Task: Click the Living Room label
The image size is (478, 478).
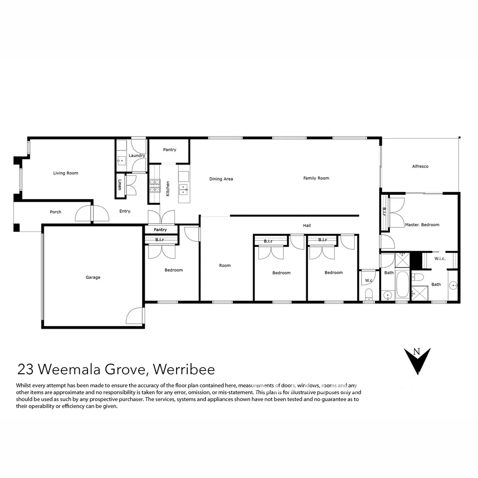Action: (x=66, y=173)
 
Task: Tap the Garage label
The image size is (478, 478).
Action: (x=93, y=278)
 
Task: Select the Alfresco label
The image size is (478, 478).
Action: (x=420, y=166)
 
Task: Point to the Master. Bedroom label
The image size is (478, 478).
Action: (x=422, y=225)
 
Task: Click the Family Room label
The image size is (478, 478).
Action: (x=316, y=178)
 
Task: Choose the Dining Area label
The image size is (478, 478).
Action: (x=221, y=179)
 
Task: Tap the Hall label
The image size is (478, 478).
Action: (x=307, y=225)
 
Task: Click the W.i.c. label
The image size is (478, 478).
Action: (x=439, y=258)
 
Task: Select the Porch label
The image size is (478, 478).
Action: (x=55, y=212)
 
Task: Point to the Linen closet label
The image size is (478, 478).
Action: (x=119, y=185)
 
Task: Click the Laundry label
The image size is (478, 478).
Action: (x=136, y=156)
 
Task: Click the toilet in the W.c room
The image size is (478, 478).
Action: (x=368, y=294)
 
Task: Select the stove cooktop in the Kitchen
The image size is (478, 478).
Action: (x=154, y=186)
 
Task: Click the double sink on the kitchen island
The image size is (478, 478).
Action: (x=183, y=189)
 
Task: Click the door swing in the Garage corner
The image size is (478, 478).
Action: (x=135, y=316)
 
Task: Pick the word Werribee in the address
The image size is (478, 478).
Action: (x=184, y=369)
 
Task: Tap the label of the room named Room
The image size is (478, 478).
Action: (x=225, y=266)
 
